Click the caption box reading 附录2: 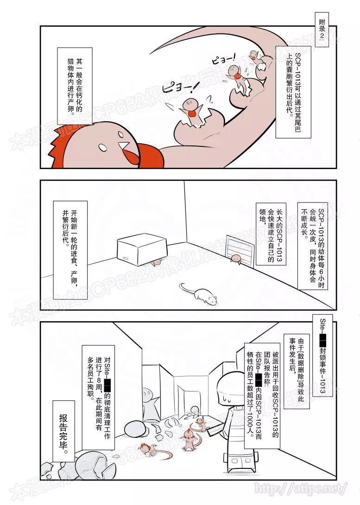tap(322, 32)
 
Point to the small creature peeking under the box tap(157, 262)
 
